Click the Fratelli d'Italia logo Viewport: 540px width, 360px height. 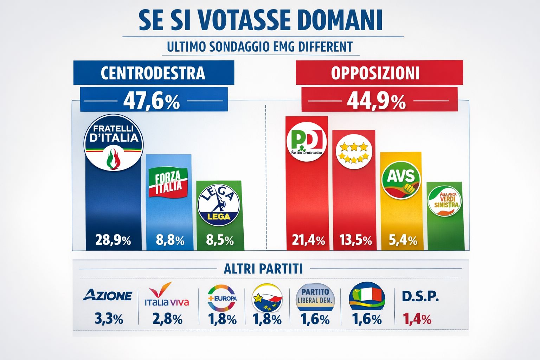[x=114, y=143]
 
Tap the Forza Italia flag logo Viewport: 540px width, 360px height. [x=168, y=182]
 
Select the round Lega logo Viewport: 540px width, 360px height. [x=219, y=206]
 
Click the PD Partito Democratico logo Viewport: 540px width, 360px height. [x=307, y=142]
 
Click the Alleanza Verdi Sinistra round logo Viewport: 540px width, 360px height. [x=445, y=201]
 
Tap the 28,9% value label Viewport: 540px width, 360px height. [x=113, y=240]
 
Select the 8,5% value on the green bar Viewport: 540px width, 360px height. [x=220, y=240]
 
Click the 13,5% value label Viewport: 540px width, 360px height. [x=355, y=240]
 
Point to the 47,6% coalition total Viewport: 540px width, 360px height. [x=152, y=101]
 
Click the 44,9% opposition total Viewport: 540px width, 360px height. [x=376, y=102]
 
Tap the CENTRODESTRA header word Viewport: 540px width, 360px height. [x=153, y=73]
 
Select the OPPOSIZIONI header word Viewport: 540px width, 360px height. [x=375, y=73]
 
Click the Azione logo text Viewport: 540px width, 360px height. [x=108, y=295]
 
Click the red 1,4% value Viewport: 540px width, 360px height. [x=417, y=319]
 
